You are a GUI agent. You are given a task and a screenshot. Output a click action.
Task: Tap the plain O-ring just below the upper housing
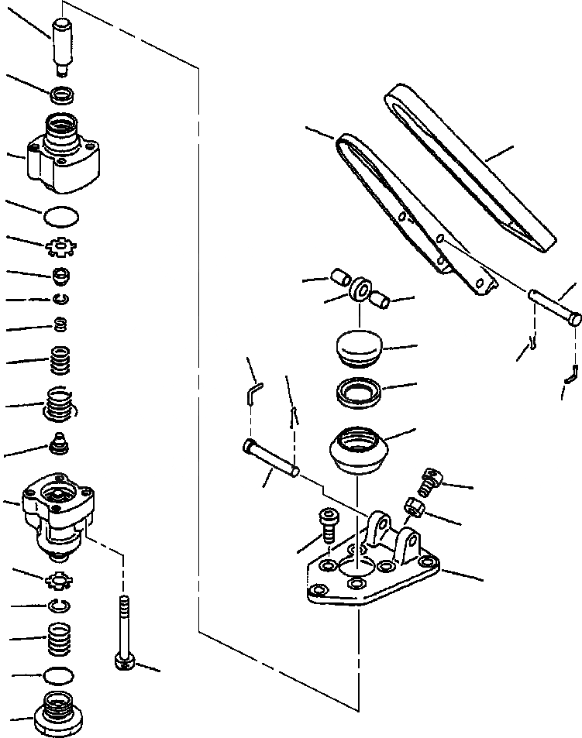(x=62, y=215)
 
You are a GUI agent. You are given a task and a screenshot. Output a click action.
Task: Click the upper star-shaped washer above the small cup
(x=60, y=248)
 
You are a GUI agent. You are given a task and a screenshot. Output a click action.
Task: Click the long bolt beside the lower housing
(x=123, y=631)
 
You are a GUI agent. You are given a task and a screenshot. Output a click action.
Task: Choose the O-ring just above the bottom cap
(x=56, y=676)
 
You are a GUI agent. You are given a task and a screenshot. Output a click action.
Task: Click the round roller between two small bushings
(x=360, y=291)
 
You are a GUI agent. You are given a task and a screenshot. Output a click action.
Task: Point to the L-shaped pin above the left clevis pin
(x=254, y=393)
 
